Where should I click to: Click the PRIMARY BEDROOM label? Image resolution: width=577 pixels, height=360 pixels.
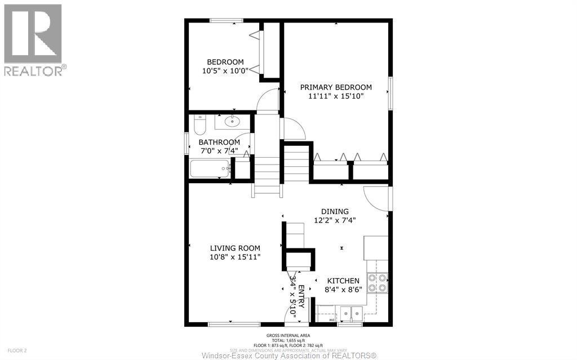tap(336, 87)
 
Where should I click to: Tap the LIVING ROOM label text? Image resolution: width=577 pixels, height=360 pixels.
tap(235, 248)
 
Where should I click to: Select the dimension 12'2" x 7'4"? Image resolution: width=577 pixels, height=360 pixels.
tap(335, 221)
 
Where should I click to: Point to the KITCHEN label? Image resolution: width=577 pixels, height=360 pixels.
tap(343, 281)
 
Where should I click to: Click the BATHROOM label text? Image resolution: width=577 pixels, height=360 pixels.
tap(219, 143)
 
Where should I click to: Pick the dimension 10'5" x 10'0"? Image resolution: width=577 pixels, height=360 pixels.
tap(225, 71)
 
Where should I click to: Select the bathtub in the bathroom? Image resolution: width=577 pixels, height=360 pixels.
tap(210, 168)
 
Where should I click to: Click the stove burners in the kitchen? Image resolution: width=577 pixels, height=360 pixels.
tap(378, 282)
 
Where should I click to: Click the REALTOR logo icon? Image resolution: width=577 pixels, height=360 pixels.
tap(33, 34)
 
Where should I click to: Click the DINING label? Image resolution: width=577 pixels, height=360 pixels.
tap(335, 212)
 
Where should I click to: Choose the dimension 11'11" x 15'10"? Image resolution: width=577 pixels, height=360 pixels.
tap(336, 96)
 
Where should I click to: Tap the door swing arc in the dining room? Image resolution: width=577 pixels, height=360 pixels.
tap(374, 197)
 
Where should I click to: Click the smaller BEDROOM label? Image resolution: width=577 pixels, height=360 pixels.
tap(225, 62)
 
